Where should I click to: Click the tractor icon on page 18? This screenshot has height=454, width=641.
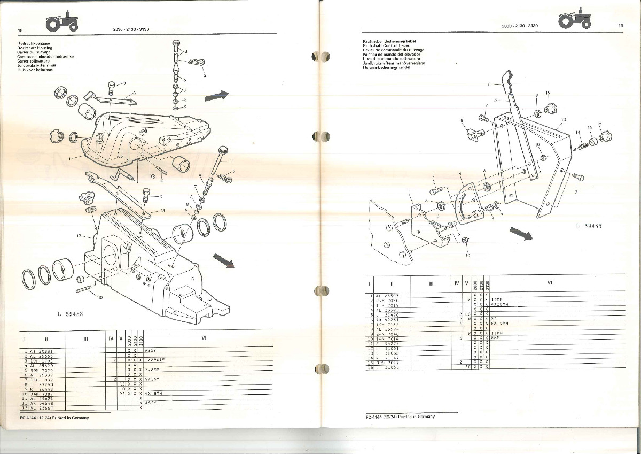(x=62, y=22)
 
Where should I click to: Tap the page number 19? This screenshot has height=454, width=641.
(x=621, y=25)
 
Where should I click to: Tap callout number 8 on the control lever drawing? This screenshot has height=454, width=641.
(x=462, y=121)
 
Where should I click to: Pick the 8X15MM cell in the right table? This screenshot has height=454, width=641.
(x=500, y=324)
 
